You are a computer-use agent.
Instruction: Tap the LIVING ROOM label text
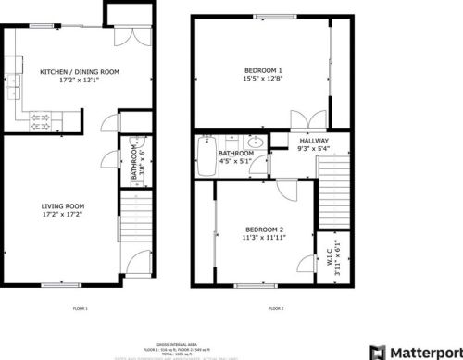[63, 206]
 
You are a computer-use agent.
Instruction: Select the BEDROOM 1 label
[263, 71]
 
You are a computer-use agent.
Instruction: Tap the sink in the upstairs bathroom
[253, 143]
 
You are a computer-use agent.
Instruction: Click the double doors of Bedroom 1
[302, 121]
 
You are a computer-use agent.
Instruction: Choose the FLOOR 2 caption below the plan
[276, 308]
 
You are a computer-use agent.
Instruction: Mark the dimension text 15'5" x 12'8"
[263, 79]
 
